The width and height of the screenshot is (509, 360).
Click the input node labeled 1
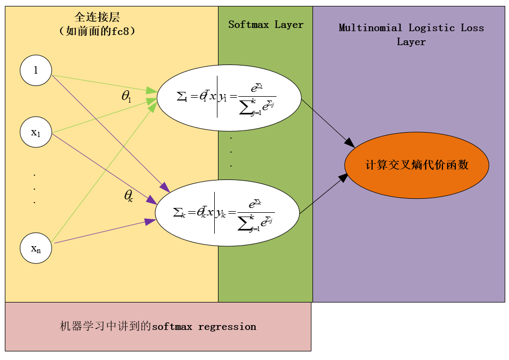36,70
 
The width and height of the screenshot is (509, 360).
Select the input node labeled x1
36,132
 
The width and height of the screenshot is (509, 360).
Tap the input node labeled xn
36,248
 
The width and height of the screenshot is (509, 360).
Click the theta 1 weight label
127,97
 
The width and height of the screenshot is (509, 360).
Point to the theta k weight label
128,196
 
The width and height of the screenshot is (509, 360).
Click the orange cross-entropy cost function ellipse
417,165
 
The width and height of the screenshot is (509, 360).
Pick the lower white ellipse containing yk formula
227,213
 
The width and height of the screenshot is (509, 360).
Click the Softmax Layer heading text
266,25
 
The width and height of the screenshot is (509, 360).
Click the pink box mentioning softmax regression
158,327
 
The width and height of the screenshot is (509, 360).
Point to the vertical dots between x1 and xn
35,189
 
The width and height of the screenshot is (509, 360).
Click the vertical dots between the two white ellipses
231,152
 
